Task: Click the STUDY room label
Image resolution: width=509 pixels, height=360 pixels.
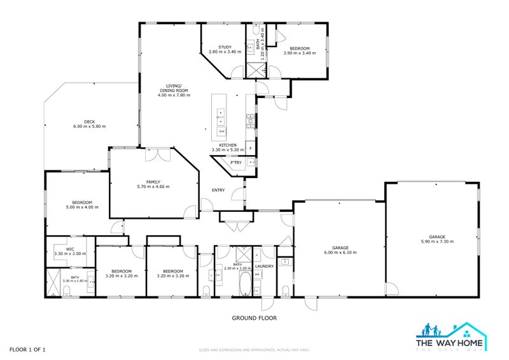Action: tap(225, 47)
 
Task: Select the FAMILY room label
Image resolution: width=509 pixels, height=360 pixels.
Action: tap(153, 181)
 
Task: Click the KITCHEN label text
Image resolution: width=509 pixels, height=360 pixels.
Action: tap(228, 145)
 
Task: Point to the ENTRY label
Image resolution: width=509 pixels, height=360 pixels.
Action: tap(218, 190)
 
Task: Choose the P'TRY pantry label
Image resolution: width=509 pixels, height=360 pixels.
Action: tap(227, 162)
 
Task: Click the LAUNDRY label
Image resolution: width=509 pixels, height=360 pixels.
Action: tap(264, 266)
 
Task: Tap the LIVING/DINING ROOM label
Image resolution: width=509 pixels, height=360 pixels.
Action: tap(174, 88)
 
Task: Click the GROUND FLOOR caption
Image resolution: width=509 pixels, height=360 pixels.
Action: tap(254, 318)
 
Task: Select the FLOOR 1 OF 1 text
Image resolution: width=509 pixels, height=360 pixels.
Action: tap(27, 349)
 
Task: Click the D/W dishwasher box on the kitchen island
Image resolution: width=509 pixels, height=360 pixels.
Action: tap(221, 131)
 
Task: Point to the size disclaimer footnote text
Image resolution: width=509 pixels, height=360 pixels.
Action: tap(254, 350)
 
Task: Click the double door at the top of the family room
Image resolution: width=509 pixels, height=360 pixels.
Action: tap(157, 153)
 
